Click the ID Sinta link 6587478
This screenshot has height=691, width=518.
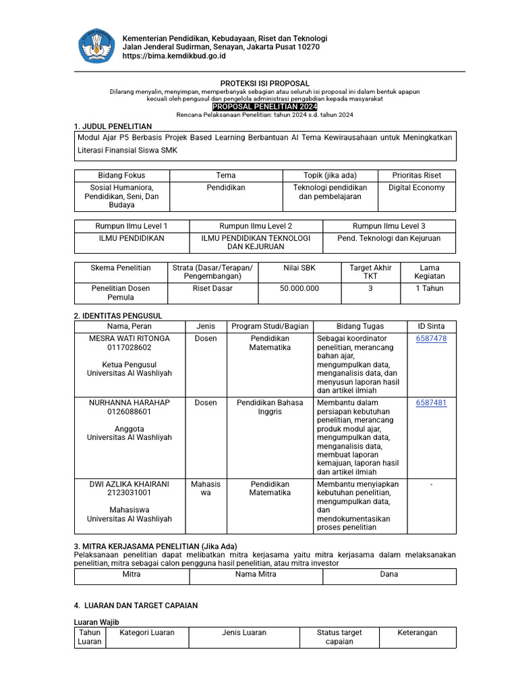click(x=431, y=339)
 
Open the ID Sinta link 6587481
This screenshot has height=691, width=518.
click(x=431, y=403)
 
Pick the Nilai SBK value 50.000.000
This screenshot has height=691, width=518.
click(x=299, y=288)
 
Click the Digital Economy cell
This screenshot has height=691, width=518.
click(x=416, y=188)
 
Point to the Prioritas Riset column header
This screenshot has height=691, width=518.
click(x=416, y=175)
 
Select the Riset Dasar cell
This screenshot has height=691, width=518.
click(x=212, y=288)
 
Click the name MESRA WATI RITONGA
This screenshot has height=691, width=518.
click(x=129, y=339)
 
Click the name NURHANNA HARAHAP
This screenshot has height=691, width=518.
click(x=129, y=403)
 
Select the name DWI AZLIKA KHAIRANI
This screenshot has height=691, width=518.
click(x=129, y=484)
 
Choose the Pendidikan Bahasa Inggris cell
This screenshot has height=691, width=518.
click(x=270, y=407)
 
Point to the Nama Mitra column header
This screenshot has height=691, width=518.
click(x=256, y=574)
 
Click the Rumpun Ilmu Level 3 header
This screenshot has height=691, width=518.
click(x=389, y=225)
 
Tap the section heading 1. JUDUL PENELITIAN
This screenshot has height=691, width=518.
click(x=113, y=126)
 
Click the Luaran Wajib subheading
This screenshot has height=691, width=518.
click(x=96, y=621)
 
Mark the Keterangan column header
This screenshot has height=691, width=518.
click(x=417, y=633)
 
